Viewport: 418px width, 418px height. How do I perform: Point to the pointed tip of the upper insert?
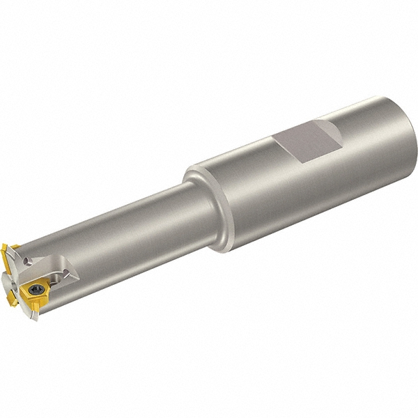[x=4, y=245]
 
